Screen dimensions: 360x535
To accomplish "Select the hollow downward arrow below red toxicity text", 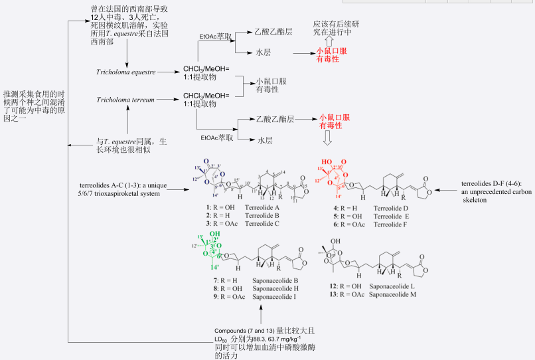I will [327, 139].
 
